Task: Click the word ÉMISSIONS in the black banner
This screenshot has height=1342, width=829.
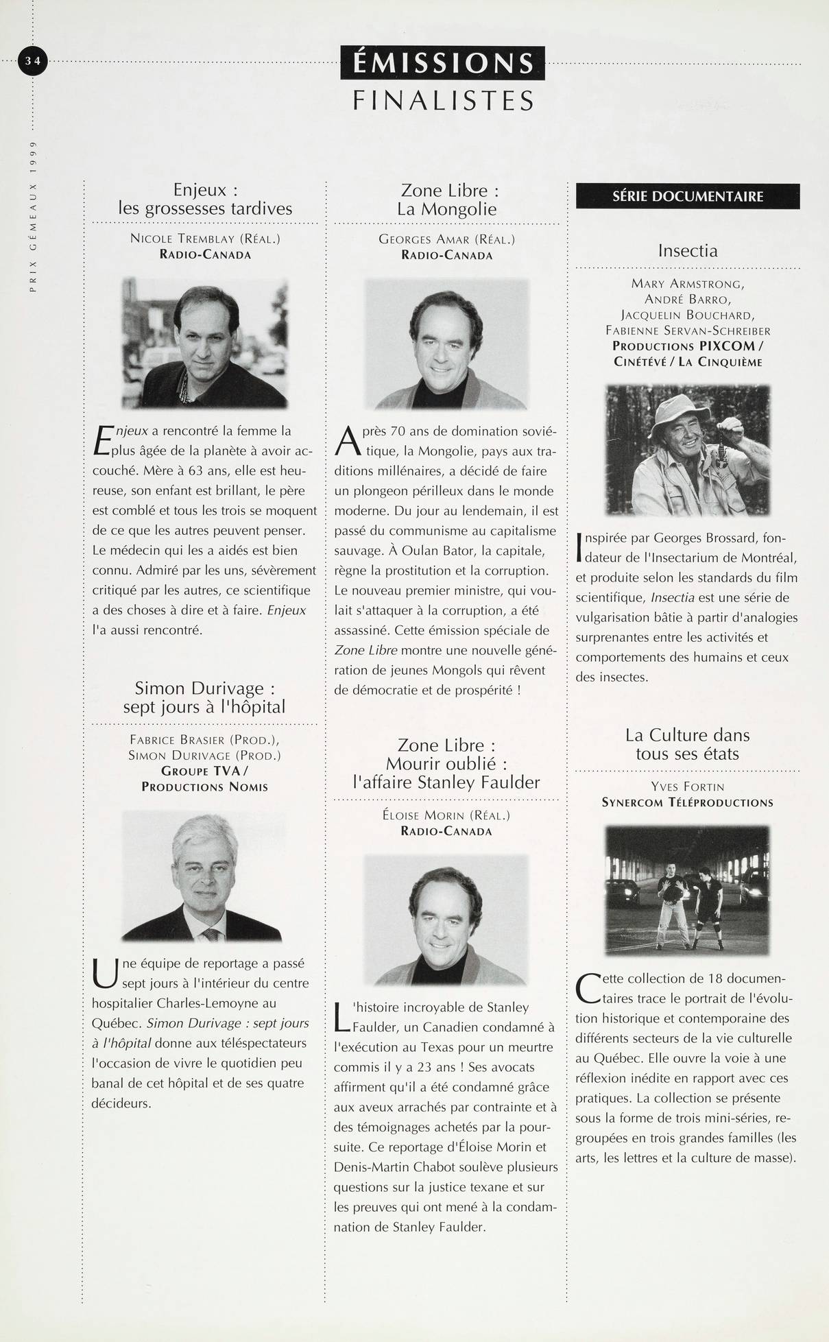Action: tap(442, 64)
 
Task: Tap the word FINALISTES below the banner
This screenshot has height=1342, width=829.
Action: tap(443, 101)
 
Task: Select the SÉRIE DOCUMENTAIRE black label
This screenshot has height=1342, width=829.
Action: tap(688, 197)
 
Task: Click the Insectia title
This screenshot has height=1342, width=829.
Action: tap(688, 250)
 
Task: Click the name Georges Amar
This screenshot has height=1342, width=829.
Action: tap(424, 239)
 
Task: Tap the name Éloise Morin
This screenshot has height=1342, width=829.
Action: tap(424, 816)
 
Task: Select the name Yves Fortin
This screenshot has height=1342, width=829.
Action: tap(688, 787)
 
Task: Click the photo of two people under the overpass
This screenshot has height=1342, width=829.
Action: tap(688, 889)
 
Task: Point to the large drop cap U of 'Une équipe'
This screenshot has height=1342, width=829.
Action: tap(104, 974)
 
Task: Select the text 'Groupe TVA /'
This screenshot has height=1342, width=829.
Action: tap(204, 771)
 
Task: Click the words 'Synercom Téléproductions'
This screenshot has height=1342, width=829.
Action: tap(688, 802)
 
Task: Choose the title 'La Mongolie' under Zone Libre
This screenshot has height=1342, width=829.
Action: tap(446, 209)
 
